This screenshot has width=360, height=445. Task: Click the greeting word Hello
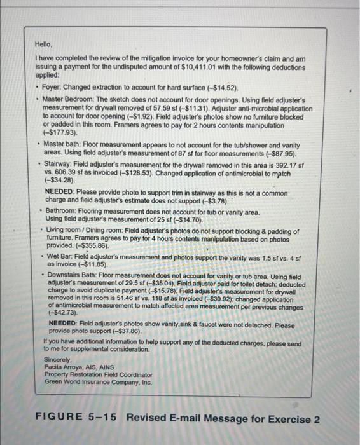pos(43,45)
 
